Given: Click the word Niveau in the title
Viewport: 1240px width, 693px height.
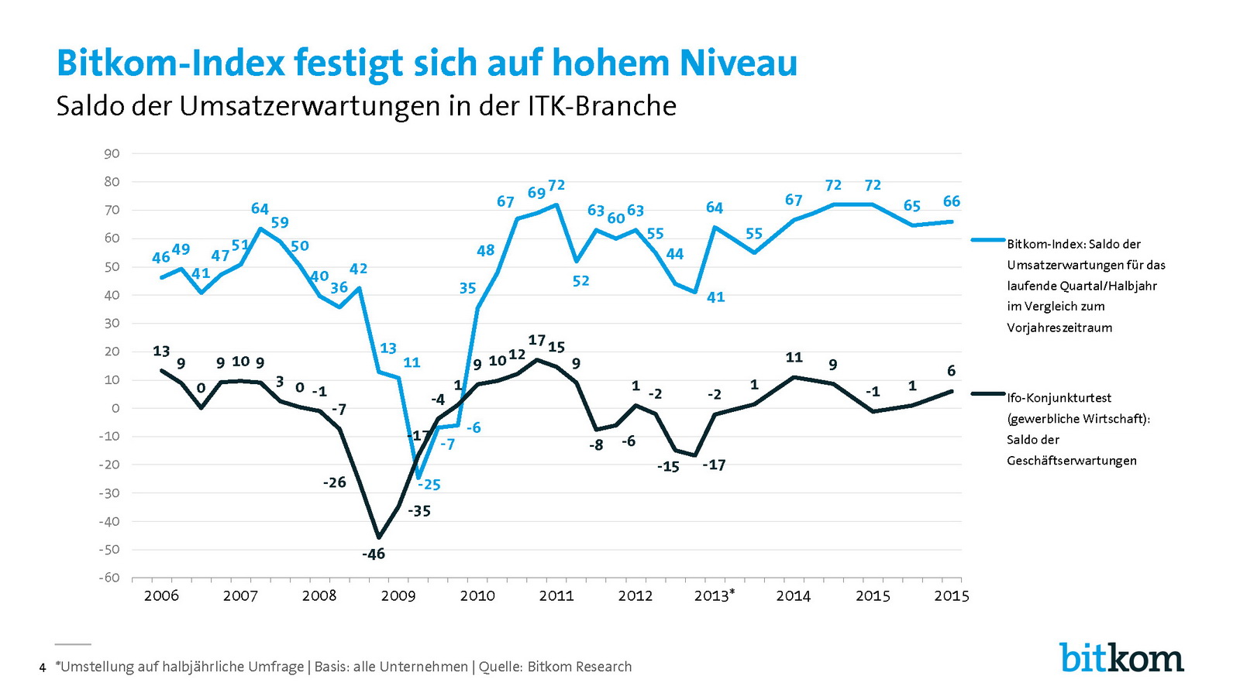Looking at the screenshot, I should [x=738, y=63].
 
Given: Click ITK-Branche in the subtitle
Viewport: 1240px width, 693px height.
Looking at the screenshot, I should [x=602, y=106].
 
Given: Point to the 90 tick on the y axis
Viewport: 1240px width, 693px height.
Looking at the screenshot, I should [x=112, y=153].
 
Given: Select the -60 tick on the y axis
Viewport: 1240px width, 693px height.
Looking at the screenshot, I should [x=109, y=578].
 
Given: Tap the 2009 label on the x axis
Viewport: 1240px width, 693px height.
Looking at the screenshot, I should [x=398, y=595].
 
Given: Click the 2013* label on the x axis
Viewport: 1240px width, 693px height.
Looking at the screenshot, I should [x=714, y=595].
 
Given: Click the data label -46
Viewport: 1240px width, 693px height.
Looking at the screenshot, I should [x=373, y=554].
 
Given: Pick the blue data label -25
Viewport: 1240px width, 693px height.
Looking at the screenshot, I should [x=429, y=485].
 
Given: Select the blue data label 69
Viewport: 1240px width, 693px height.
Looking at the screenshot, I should [x=536, y=193].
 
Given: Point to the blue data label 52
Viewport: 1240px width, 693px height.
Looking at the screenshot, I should [x=580, y=281].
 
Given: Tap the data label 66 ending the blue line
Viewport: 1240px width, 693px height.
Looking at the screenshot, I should [x=952, y=201].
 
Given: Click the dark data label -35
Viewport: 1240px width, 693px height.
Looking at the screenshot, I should [x=419, y=511].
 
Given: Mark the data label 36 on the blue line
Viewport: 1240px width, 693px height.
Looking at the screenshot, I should [x=339, y=287].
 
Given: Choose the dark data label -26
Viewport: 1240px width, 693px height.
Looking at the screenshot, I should [x=334, y=482].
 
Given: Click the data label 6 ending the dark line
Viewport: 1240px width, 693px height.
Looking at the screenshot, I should [x=952, y=371].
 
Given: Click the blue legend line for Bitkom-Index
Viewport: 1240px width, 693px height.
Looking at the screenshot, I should [x=988, y=241].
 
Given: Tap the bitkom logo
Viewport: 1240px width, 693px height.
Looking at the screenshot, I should [x=1121, y=657].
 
